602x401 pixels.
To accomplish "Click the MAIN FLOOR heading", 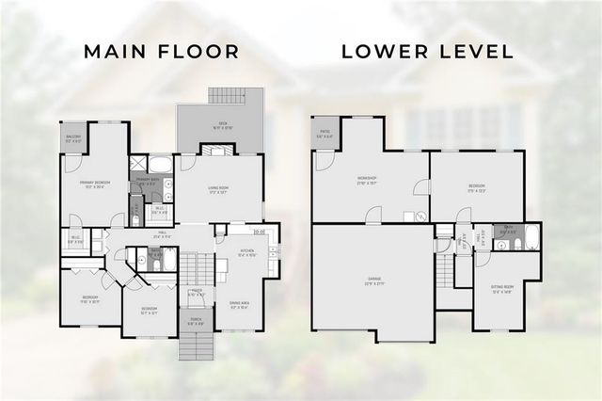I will pos(162,52).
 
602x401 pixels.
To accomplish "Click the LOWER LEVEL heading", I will pos(427,52).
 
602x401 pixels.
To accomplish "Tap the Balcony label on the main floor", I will pos(73,138).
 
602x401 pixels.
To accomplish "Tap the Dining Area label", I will pos(238,305).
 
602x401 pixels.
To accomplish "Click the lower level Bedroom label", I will pos(477,188).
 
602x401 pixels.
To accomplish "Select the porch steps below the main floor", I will pos(196,348).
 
